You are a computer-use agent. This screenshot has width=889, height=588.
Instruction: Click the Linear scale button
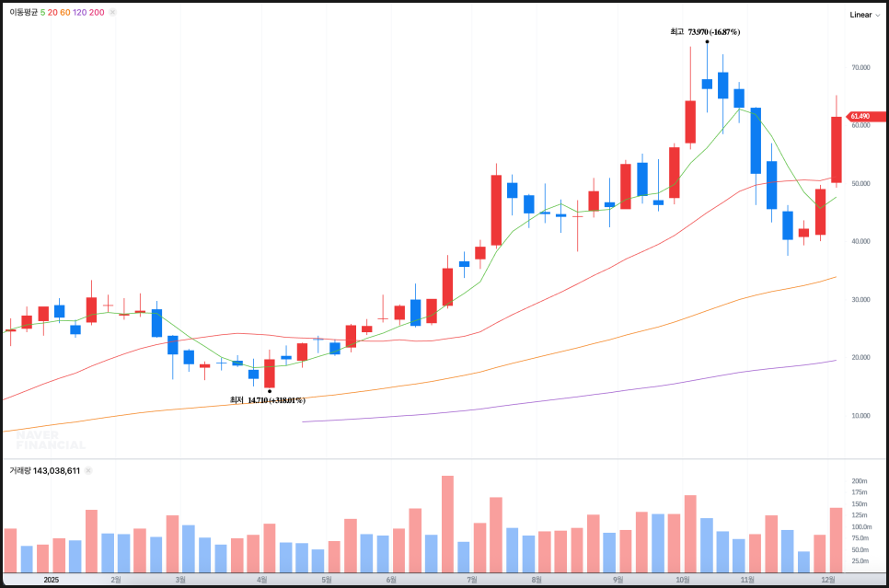[860, 15]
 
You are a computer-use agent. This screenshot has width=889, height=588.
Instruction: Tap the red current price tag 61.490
[860, 117]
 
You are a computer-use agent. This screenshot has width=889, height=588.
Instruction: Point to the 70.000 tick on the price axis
[860, 68]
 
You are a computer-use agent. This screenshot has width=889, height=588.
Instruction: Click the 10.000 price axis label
[860, 416]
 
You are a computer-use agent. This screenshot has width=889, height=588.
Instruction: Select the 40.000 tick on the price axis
[860, 242]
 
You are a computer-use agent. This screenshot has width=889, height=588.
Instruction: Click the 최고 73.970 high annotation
[705, 32]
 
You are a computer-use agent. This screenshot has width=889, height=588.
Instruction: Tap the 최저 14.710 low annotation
[267, 400]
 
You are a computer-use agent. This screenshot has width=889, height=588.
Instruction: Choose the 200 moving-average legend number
[97, 13]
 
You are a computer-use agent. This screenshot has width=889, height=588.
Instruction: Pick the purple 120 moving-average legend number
[79, 13]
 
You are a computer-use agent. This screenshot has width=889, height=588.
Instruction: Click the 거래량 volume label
[20, 470]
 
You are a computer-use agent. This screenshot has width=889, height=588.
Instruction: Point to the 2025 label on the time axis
[52, 580]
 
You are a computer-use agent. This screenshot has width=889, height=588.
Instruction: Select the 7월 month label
[472, 580]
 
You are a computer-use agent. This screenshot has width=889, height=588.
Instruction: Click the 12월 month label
[828, 580]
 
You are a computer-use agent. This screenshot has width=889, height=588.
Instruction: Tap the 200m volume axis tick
[860, 481]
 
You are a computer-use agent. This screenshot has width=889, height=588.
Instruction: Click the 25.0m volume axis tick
[860, 560]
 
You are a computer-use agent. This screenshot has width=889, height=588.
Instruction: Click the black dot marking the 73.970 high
[707, 41]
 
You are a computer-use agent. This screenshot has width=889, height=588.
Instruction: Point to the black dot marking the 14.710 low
[269, 391]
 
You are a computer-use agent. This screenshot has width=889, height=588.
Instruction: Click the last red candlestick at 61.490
[837, 149]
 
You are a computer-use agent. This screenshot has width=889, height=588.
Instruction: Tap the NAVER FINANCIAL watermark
[51, 440]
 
